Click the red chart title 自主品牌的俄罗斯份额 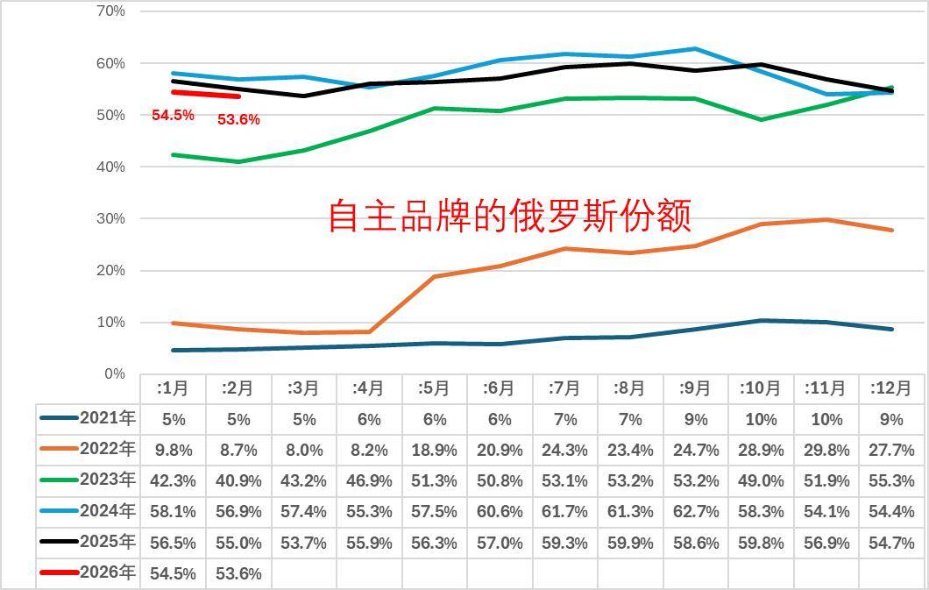509,216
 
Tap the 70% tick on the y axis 110,11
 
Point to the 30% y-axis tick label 110,218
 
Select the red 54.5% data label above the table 173,115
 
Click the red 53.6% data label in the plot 238,120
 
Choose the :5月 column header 434,388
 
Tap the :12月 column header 890,388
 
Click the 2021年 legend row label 107,418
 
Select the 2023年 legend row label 107,480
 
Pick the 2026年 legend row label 107,572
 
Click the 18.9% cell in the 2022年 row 434,450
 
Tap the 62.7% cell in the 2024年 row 695,511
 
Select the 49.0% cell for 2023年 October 761,480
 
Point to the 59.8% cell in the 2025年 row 761,543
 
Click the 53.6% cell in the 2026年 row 238,573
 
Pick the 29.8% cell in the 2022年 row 826,450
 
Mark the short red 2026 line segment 206,94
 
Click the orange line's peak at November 826,219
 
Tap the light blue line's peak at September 695,49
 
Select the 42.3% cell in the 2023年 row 173,480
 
